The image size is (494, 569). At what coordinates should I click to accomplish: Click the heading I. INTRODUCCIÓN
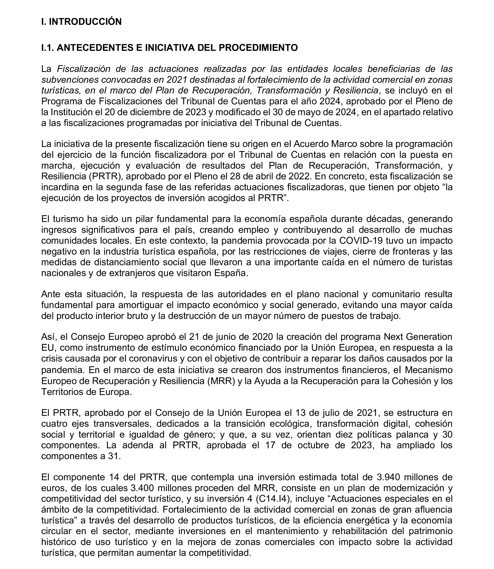coord(81,22)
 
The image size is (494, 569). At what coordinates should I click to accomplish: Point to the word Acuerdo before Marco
coord(311,144)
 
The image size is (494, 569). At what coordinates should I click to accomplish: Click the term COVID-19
coord(361,241)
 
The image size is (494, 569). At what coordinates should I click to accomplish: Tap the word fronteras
coord(407,251)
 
